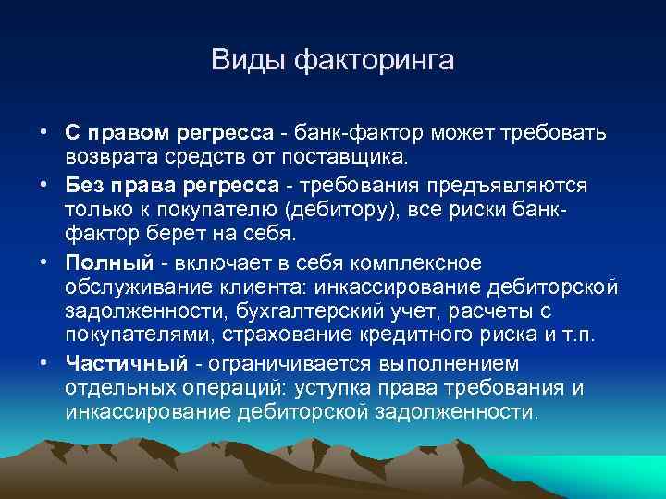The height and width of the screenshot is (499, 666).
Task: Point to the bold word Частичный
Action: pyautogui.click(x=118, y=363)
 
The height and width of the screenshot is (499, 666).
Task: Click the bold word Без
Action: pyautogui.click(x=85, y=185)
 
